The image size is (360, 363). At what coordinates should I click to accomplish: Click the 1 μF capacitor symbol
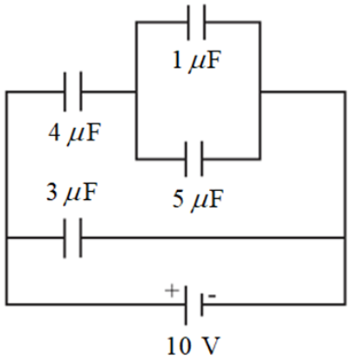click(196, 22)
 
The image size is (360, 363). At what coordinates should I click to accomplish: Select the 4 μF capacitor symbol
click(72, 92)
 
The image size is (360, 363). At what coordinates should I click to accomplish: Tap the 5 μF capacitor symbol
click(194, 159)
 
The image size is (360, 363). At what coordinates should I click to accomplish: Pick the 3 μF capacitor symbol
click(72, 238)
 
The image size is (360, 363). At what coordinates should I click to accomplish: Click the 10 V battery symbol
click(194, 305)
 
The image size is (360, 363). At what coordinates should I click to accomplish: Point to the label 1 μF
click(197, 60)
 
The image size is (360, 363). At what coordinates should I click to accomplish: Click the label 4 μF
click(74, 133)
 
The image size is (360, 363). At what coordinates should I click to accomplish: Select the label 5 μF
click(198, 199)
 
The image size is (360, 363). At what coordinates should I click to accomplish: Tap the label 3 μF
click(71, 193)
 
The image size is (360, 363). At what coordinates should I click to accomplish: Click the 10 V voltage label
click(194, 346)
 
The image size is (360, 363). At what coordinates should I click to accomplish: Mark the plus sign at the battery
click(172, 291)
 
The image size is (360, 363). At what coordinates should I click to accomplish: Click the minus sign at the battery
click(213, 296)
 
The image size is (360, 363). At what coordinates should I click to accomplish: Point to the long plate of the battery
click(186, 305)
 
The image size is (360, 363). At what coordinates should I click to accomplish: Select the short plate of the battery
click(202, 305)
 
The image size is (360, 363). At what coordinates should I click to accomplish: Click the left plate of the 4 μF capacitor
click(65, 92)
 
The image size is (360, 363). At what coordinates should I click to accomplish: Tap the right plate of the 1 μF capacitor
click(204, 22)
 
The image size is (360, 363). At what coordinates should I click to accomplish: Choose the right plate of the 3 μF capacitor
click(80, 238)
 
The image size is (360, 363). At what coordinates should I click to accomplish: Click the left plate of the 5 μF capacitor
click(186, 159)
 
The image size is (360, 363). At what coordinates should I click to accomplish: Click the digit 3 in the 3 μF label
click(51, 192)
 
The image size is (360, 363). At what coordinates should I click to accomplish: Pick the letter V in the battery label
click(211, 346)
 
